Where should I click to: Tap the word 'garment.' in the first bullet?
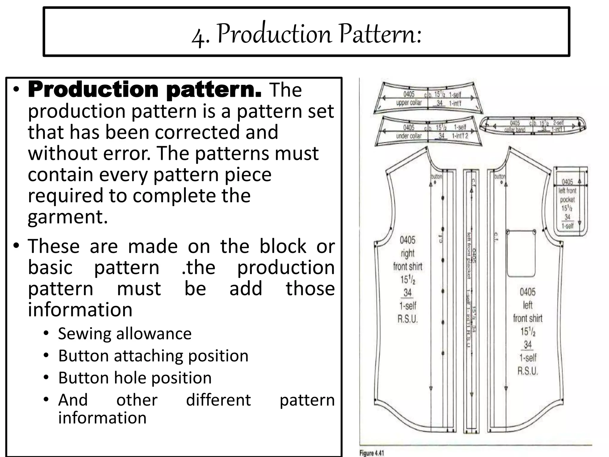click(68, 217)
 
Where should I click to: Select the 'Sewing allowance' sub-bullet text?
click(125, 334)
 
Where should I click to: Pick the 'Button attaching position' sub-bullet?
click(153, 356)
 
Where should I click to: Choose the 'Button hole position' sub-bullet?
click(135, 378)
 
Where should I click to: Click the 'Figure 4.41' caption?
click(372, 453)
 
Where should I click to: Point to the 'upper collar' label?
click(409, 103)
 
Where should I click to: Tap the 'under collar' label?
click(409, 136)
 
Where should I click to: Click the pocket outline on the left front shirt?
click(521, 253)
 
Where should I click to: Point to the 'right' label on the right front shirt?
click(407, 253)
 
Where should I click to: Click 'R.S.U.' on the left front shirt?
click(528, 371)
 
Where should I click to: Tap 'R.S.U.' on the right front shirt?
click(408, 319)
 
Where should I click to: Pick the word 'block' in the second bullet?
click(282, 246)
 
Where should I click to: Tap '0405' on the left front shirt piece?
click(528, 292)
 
